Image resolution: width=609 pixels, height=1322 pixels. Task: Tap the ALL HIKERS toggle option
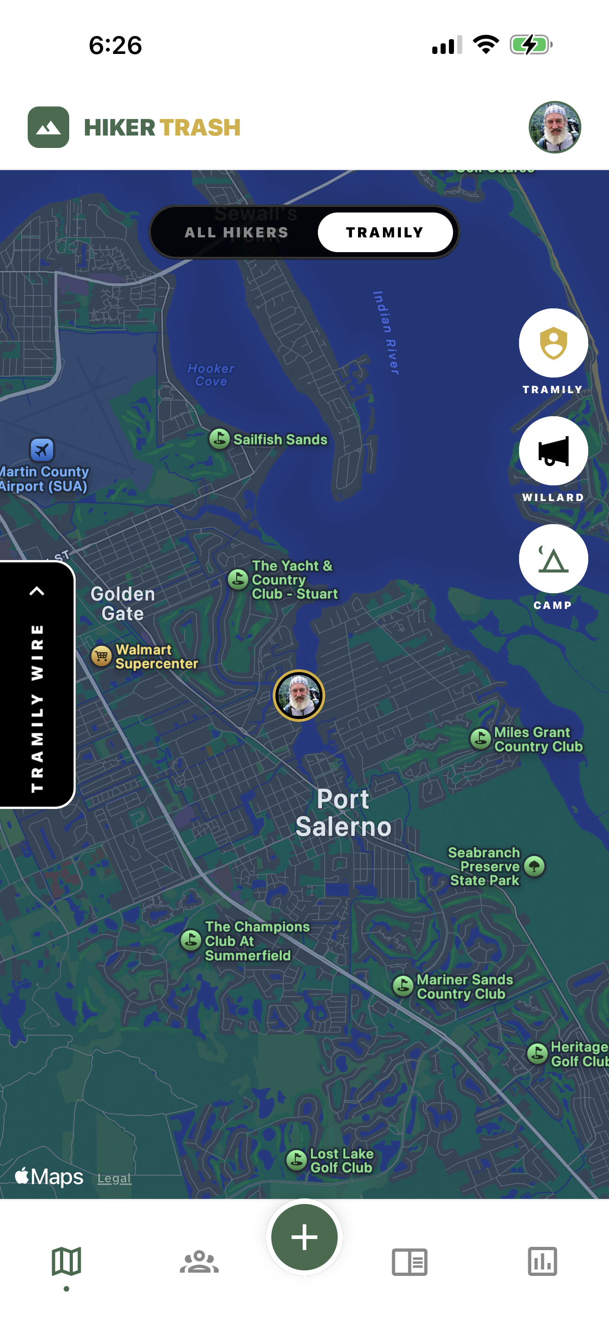click(x=236, y=232)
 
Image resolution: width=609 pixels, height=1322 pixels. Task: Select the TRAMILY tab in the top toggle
click(x=385, y=232)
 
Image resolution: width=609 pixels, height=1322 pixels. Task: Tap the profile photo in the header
click(x=555, y=127)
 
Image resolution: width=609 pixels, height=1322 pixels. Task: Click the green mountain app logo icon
click(x=48, y=127)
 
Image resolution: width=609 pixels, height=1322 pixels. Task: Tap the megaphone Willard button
click(x=553, y=451)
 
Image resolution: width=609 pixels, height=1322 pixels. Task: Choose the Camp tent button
click(x=553, y=558)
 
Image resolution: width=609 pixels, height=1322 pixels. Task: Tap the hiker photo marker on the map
click(x=299, y=696)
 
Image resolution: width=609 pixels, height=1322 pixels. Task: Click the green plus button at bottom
click(x=304, y=1237)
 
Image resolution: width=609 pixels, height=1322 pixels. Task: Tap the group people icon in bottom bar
click(x=199, y=1262)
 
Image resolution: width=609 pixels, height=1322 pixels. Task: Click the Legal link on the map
click(x=114, y=1178)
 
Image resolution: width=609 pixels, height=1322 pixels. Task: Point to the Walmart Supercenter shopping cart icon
click(x=101, y=656)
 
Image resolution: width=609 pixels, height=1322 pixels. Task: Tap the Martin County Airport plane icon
click(x=42, y=450)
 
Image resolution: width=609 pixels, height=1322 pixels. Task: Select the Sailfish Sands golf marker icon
click(x=219, y=439)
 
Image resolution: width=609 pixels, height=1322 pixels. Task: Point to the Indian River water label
click(x=386, y=332)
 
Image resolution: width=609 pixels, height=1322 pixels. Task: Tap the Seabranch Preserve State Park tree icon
click(x=535, y=866)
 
